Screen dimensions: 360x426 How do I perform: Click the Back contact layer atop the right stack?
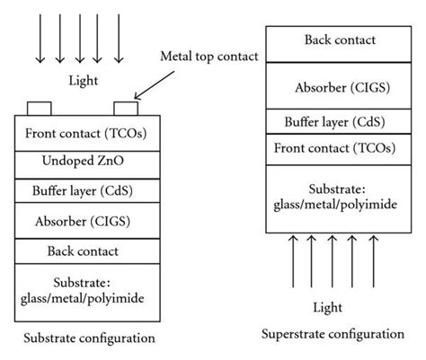click(x=340, y=40)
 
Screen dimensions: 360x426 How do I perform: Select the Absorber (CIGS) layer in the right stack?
click(x=340, y=87)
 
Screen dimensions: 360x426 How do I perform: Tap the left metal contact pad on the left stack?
click(x=38, y=110)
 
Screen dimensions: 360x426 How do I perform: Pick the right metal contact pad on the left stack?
click(x=126, y=110)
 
